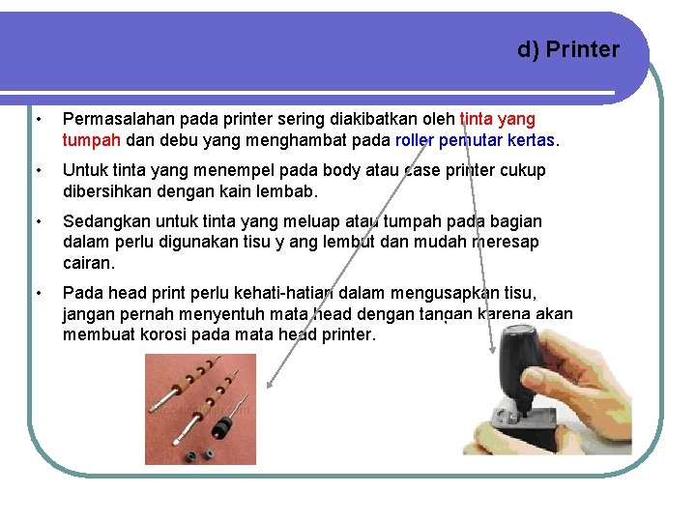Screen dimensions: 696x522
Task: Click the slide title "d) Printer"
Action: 568,49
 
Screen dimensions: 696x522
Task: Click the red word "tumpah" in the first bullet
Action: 92,140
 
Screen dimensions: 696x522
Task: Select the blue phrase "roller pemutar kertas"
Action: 475,140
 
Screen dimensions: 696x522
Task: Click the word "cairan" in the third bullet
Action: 87,263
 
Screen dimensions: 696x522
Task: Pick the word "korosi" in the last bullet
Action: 163,334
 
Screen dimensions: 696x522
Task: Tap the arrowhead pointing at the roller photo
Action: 270,384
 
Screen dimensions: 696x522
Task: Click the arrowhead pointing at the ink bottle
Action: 492,349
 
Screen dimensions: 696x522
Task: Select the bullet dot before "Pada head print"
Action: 39,293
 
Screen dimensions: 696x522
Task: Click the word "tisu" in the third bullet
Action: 257,242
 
